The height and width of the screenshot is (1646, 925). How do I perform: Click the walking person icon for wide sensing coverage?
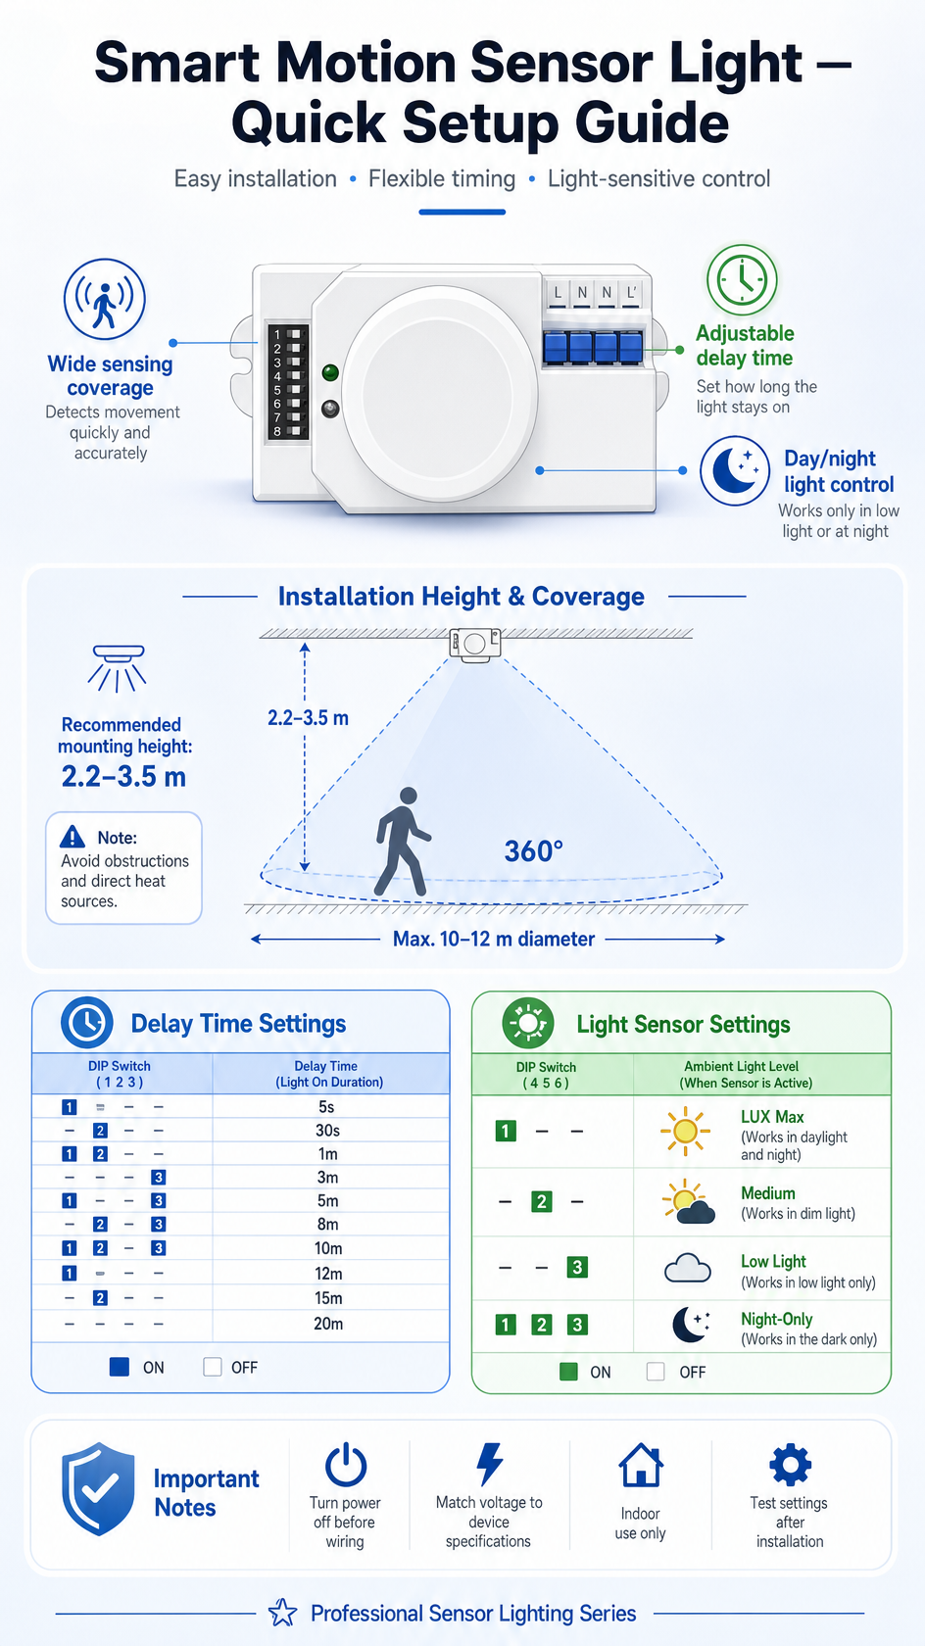[104, 299]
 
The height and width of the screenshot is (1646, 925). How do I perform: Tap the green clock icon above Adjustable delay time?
[742, 280]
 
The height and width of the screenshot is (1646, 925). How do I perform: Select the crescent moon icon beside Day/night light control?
[735, 471]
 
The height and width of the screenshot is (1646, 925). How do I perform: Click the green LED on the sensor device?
[330, 372]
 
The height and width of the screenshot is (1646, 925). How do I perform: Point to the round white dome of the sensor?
[439, 394]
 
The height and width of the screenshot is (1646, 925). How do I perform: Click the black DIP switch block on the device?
[287, 381]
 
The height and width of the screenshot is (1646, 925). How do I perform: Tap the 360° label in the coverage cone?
[533, 850]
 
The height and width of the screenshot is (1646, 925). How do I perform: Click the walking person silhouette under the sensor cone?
[401, 842]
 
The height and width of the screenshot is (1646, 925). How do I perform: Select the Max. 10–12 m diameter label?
[494, 939]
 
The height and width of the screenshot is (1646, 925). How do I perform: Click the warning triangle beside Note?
[72, 837]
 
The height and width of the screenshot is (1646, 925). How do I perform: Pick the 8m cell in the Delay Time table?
[327, 1225]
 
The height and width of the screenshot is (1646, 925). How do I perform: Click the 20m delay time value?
[328, 1324]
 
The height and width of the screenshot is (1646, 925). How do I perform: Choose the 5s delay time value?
[327, 1107]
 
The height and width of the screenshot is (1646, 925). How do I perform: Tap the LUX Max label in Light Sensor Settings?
[772, 1117]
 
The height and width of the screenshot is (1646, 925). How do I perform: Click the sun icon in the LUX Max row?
[685, 1131]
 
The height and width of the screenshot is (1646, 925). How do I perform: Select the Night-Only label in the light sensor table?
[777, 1319]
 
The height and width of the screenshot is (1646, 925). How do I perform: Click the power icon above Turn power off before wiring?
[345, 1465]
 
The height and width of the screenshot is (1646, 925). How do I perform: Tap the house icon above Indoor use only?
[641, 1466]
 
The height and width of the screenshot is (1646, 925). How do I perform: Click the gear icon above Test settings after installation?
[791, 1465]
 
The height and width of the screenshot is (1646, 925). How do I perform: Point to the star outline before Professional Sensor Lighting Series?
[283, 1613]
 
